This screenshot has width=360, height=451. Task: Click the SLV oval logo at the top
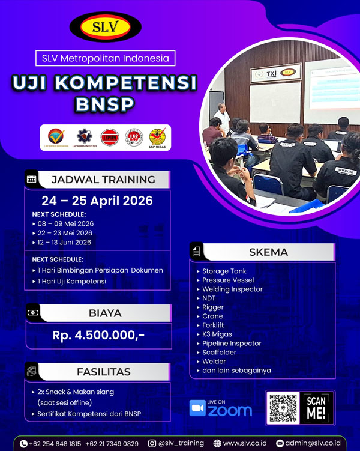coord(106,26)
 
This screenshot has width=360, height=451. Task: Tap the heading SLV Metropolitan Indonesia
coord(106,58)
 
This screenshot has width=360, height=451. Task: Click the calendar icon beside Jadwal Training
coord(32,179)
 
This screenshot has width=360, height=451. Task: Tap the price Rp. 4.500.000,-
coord(98,335)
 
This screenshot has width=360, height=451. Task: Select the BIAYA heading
coord(105,313)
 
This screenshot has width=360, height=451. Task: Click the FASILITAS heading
coord(103,372)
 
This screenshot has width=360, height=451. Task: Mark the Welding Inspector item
coord(232,289)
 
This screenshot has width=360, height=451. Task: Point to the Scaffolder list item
coord(220,353)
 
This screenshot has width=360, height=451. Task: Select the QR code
coord(283,408)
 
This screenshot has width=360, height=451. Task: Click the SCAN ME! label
coord(316,408)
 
